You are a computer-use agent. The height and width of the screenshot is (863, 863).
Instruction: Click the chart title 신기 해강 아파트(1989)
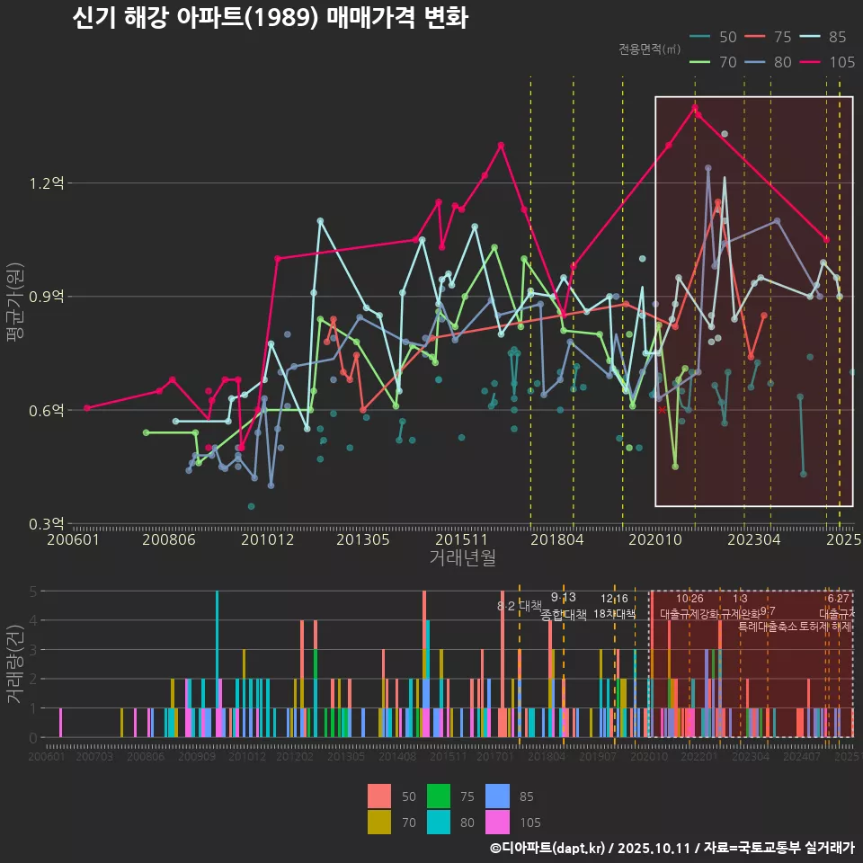pos(270,19)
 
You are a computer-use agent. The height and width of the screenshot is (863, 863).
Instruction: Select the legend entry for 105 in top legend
pos(828,62)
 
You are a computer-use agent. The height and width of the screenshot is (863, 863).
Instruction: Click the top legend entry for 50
pos(715,37)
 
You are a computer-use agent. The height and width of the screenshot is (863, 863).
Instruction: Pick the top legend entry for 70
pos(715,62)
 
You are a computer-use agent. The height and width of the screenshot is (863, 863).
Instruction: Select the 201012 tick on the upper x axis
pos(268,540)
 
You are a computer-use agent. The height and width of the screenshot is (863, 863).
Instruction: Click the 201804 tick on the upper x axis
pos(557,540)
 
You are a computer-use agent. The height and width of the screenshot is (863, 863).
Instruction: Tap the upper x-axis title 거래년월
pos(462,557)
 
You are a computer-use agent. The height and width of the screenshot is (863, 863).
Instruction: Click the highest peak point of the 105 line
pos(695,108)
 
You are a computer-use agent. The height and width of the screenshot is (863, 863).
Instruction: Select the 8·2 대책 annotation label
pos(520,606)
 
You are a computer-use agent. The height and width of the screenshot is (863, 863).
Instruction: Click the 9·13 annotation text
pos(564,598)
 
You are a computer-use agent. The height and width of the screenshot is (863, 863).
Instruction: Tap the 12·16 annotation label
pos(615,599)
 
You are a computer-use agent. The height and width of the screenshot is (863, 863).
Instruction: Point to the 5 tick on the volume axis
pos(33,592)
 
